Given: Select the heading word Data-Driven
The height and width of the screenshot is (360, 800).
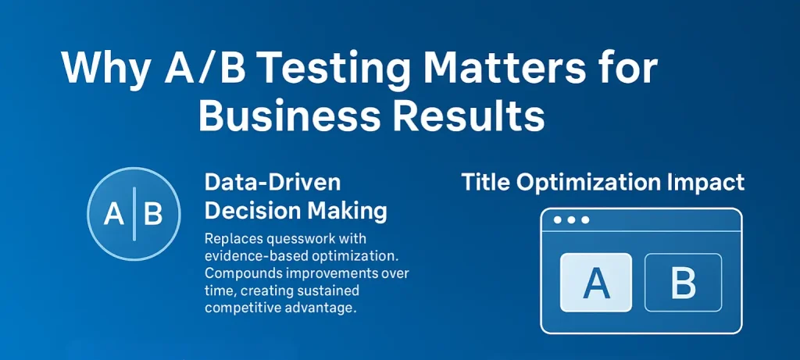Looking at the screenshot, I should coord(272,184).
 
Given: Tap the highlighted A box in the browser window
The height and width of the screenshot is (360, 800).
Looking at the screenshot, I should coord(596,282).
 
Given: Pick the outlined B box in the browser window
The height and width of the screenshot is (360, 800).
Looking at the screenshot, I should coord(683,282).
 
